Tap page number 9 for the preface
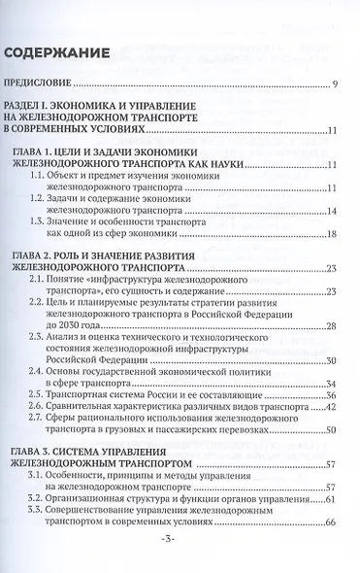coord(334,87)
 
